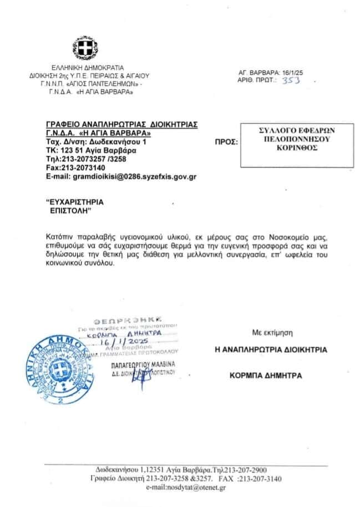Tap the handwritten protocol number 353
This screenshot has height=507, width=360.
pyautogui.click(x=291, y=80)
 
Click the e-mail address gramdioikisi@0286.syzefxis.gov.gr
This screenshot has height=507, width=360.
pyautogui.click(x=121, y=176)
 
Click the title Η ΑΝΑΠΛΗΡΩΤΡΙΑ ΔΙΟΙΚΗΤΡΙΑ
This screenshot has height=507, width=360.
pyautogui.click(x=271, y=349)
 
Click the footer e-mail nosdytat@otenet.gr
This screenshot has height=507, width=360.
pyautogui.click(x=186, y=487)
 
